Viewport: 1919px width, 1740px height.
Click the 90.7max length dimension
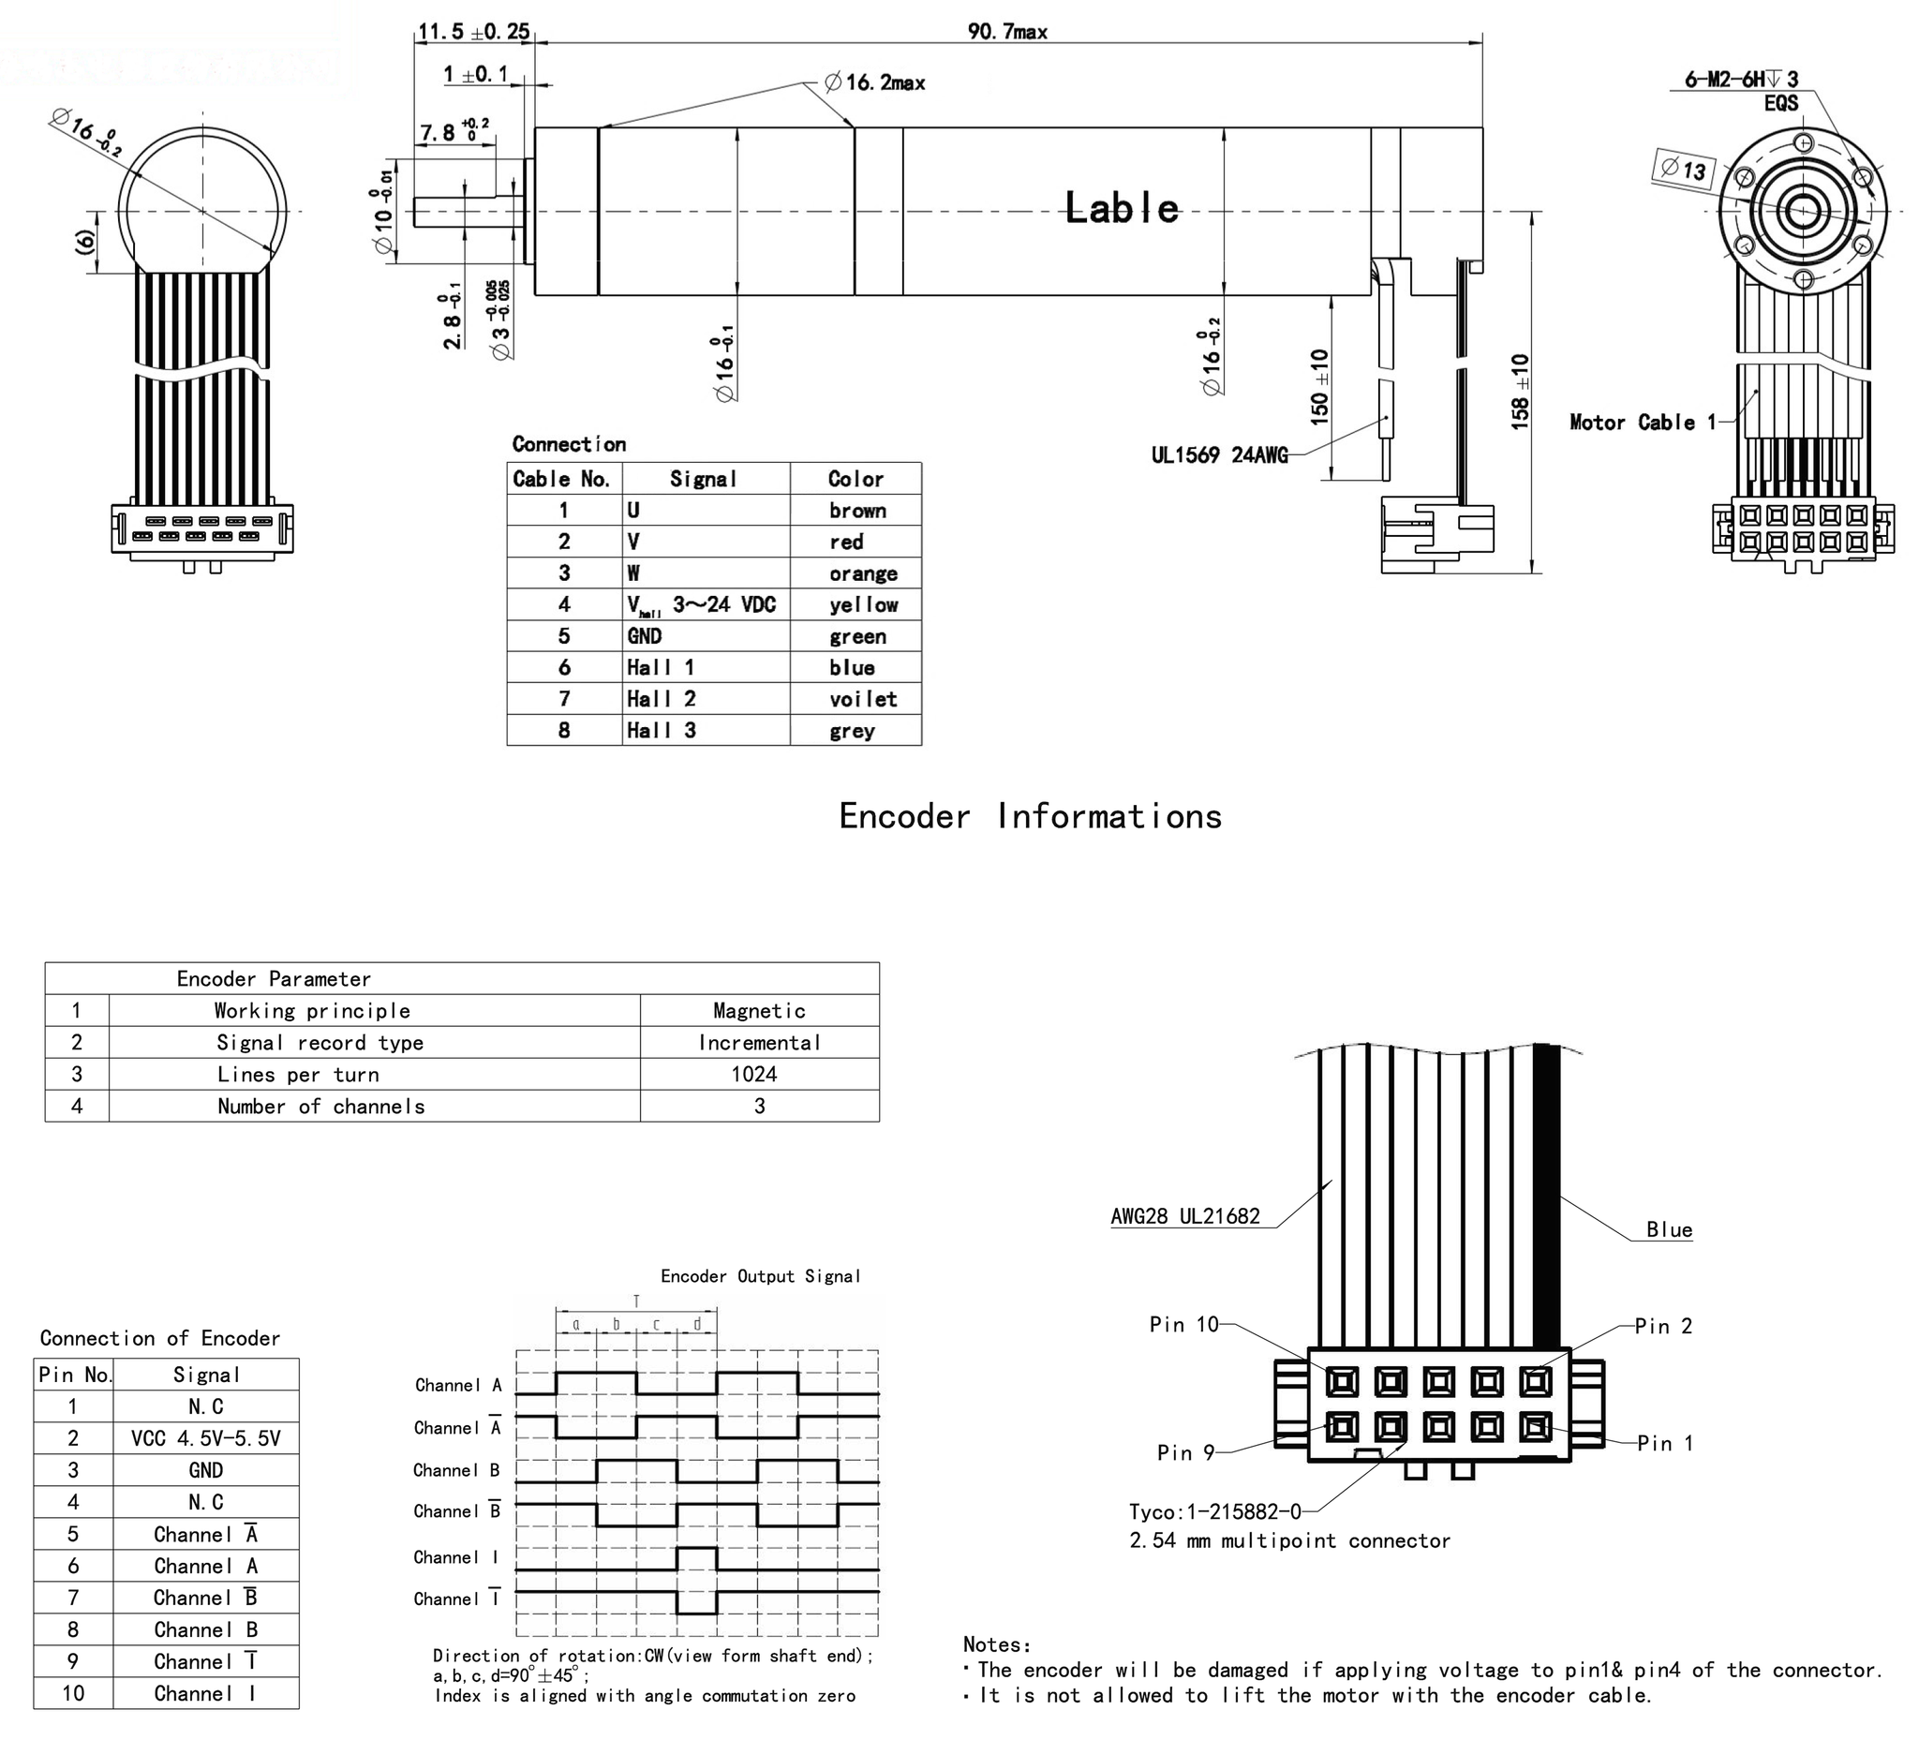coord(1007,32)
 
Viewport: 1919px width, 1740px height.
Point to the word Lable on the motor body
coord(1122,208)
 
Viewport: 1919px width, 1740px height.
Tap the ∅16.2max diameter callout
coord(875,82)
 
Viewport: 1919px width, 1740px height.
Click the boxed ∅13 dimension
coord(1684,171)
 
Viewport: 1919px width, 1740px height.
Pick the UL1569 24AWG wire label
coord(1219,455)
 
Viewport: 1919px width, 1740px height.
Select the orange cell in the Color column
coord(862,574)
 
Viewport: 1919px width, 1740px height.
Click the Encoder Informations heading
coord(1030,817)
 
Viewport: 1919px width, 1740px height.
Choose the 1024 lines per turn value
coord(754,1075)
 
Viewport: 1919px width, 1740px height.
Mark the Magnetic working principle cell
coord(759,1011)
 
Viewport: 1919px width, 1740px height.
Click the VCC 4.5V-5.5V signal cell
coord(205,1438)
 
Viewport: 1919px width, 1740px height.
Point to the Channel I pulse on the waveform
coord(697,1558)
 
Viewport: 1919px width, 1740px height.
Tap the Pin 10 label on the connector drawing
coord(1183,1325)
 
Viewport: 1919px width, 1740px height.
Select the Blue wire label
coord(1669,1229)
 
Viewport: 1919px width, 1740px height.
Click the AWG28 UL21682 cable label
coord(1185,1216)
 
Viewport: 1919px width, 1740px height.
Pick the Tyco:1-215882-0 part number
coord(1214,1511)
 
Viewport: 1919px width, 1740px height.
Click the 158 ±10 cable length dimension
coord(1520,392)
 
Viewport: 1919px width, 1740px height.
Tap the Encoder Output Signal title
coord(760,1276)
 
